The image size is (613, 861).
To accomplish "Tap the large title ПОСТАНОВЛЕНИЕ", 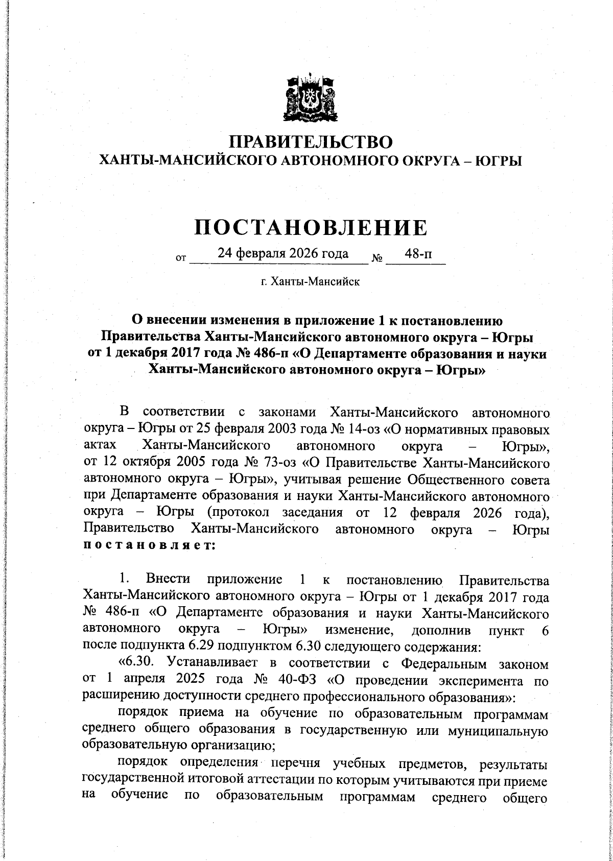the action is pyautogui.click(x=311, y=228).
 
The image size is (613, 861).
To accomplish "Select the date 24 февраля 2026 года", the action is pyautogui.click(x=283, y=253).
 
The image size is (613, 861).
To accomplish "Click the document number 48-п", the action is pyautogui.click(x=416, y=254).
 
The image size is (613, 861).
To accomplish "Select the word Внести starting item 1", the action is pyautogui.click(x=168, y=580).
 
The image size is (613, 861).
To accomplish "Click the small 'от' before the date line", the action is pyautogui.click(x=180, y=258).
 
